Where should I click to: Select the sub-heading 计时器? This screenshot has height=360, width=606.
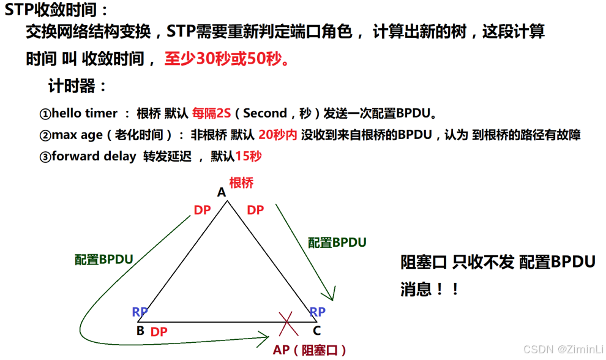77,86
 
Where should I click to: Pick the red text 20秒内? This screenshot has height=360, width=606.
277,135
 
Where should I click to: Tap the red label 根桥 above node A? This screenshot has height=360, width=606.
241,182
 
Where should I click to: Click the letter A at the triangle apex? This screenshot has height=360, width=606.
222,193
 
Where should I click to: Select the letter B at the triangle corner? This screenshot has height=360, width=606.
140,331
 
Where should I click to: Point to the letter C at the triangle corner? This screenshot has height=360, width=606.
316,331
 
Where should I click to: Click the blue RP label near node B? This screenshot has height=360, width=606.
140,312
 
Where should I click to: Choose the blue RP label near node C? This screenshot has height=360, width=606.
317,312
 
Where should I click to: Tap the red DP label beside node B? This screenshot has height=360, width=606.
159,332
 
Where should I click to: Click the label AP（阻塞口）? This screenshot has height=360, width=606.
310,350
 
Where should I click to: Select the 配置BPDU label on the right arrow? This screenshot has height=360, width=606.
337,242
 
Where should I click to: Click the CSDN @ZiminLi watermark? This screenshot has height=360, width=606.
563,348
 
